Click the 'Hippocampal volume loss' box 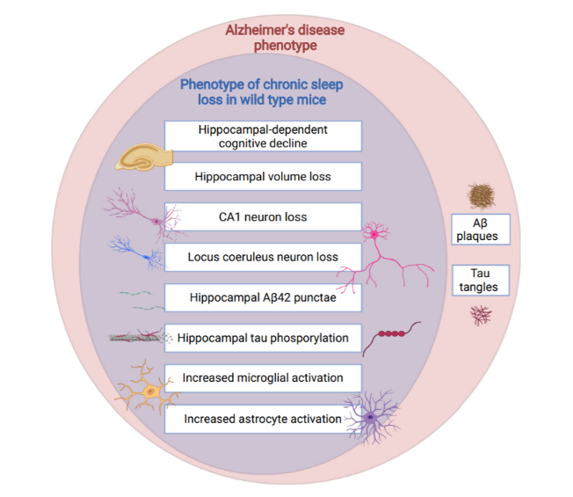pyautogui.click(x=263, y=177)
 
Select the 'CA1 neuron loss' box pyautogui.click(x=263, y=217)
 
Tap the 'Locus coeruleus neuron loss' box pyautogui.click(x=263, y=257)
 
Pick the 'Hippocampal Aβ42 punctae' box pyautogui.click(x=263, y=297)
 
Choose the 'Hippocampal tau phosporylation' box pyautogui.click(x=263, y=338)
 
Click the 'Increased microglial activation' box pyautogui.click(x=263, y=378)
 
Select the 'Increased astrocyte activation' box pyautogui.click(x=263, y=419)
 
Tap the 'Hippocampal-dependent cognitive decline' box pyautogui.click(x=263, y=136)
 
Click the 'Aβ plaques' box pyautogui.click(x=481, y=230)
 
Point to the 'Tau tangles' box pyautogui.click(x=481, y=280)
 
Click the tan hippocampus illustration pyautogui.click(x=144, y=157)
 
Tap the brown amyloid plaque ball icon pyautogui.click(x=482, y=196)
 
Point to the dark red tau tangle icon pyautogui.click(x=481, y=315)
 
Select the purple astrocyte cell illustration pyautogui.click(x=371, y=417)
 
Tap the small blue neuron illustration pyautogui.click(x=139, y=252)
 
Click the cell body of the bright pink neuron pyautogui.click(x=374, y=234)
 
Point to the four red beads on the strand pyautogui.click(x=391, y=333)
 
